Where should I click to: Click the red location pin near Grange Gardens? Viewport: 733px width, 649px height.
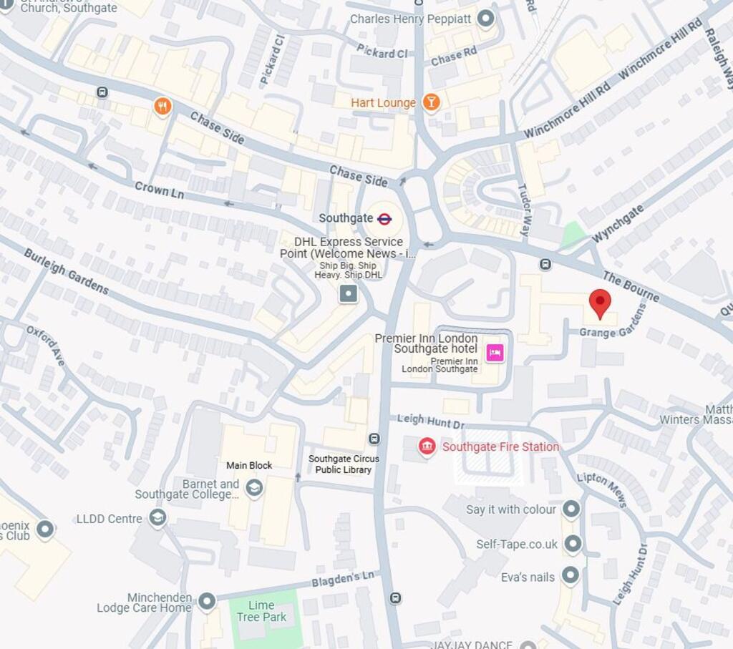(x=600, y=303)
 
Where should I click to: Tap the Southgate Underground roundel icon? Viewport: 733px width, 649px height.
(x=384, y=218)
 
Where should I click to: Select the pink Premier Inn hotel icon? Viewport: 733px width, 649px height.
(x=495, y=352)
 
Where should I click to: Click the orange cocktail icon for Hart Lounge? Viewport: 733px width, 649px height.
(x=430, y=102)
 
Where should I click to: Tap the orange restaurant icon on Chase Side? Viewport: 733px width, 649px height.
(x=163, y=107)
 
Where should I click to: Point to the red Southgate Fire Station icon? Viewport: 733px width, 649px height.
(x=427, y=447)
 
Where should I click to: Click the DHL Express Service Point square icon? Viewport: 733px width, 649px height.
(x=349, y=293)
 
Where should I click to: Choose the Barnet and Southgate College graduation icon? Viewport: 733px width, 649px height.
(x=253, y=489)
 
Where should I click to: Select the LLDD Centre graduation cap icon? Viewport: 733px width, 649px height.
(x=158, y=518)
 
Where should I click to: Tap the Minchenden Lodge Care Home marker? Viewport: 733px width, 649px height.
(x=207, y=602)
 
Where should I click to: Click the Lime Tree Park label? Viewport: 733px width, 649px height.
(x=261, y=612)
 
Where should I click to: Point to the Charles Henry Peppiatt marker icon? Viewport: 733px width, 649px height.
(x=486, y=19)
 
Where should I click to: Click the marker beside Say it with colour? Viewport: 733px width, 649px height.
(x=571, y=509)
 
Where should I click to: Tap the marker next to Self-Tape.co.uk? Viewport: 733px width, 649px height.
(x=572, y=545)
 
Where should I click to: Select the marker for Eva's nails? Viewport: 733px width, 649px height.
(x=570, y=577)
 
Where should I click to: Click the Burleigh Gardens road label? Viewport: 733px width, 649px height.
(x=66, y=271)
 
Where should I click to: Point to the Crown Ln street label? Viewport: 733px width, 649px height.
(x=159, y=190)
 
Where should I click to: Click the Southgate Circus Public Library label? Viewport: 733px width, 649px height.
(x=344, y=464)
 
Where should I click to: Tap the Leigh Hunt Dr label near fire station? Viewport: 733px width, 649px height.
(x=431, y=422)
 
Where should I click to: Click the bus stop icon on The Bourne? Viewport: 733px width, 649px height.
(x=545, y=264)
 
